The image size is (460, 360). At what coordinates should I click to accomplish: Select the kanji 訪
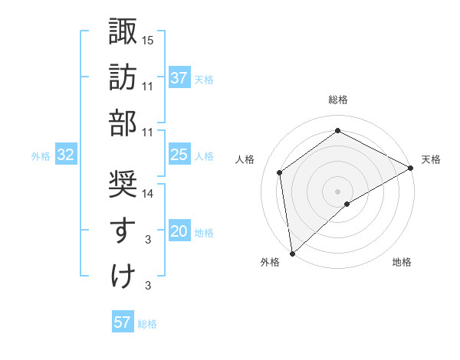click(123, 77)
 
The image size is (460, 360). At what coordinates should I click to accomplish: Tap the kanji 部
click(123, 123)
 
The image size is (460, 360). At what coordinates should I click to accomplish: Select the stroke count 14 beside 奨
click(149, 194)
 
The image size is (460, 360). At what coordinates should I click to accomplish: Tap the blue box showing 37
click(179, 78)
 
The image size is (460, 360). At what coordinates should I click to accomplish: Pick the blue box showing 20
click(179, 232)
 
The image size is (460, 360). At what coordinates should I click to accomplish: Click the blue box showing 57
click(123, 322)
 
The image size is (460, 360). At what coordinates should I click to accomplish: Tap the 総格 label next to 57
click(147, 324)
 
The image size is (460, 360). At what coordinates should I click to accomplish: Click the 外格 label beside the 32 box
click(41, 156)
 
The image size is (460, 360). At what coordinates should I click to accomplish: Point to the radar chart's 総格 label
click(338, 100)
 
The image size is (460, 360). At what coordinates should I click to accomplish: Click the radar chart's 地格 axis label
click(402, 263)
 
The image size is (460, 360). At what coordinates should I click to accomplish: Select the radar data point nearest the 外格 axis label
click(292, 253)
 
